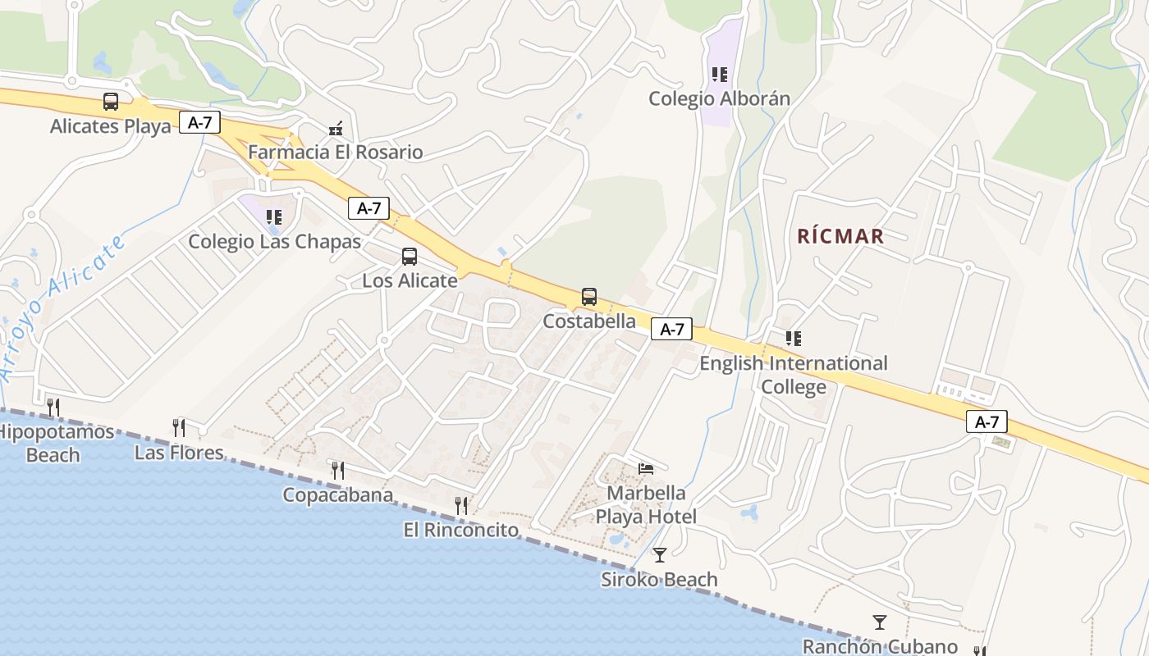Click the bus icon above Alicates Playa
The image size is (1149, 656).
point(111,102)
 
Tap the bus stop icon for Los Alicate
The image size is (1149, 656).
point(410,257)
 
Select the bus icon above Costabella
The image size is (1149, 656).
point(589,297)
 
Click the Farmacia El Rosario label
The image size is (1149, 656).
point(335,153)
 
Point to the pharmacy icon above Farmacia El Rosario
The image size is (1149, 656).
point(335,128)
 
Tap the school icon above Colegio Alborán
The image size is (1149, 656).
point(720,75)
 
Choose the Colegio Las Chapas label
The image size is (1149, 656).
point(275,242)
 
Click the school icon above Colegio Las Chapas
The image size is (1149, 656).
point(274,217)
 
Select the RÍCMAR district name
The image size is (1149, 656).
point(840,237)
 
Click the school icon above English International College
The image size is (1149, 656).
point(793,338)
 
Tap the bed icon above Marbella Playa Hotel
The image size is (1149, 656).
point(647,469)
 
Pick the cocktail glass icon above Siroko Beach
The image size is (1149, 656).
point(659,555)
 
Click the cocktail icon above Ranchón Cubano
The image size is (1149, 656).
point(880,622)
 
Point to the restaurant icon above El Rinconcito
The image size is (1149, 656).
point(461,506)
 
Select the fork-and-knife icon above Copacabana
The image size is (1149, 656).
point(337,470)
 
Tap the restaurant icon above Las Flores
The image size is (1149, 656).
point(179,427)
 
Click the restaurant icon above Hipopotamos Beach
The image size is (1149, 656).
point(53,407)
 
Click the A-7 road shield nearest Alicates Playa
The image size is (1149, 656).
point(200,123)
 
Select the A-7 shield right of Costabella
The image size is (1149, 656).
point(671,330)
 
